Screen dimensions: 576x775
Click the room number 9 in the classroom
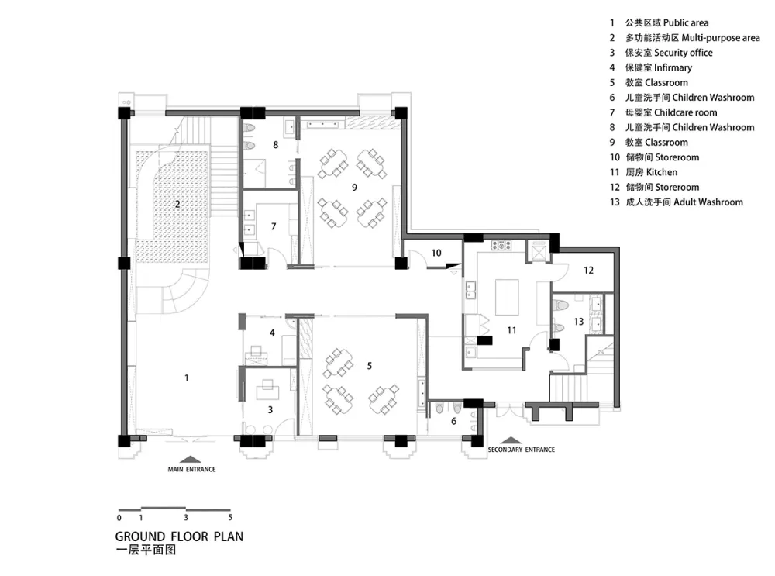pos(354,187)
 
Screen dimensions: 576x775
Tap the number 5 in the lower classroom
pos(370,365)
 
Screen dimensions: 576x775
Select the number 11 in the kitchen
pos(511,330)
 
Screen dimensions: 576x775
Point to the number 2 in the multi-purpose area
pos(177,205)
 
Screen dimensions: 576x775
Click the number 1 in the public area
pos(186,378)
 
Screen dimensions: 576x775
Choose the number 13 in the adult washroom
pos(578,321)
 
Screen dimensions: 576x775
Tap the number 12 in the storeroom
pos(588,271)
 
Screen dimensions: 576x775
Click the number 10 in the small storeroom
pos(436,253)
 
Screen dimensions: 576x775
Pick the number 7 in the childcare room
pos(273,226)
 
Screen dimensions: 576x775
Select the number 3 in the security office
pos(270,409)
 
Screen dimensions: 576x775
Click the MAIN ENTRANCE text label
pos(191,470)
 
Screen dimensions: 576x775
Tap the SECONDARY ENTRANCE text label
pos(521,450)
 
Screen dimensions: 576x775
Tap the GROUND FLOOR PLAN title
pos(173,536)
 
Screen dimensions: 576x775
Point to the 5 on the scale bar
pos(230,517)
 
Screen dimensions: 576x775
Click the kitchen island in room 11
pos(508,298)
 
